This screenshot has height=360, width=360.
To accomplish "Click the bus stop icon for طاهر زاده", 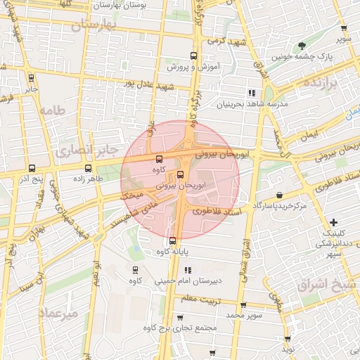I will pos(88,169).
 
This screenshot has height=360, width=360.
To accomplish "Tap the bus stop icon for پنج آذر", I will pos(32,169).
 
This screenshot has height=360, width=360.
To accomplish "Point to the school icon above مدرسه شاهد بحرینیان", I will pos(251,93).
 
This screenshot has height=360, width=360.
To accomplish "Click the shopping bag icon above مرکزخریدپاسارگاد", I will pos(280,195).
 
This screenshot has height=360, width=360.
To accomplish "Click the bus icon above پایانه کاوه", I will pos(173,241).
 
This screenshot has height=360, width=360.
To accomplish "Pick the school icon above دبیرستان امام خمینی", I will pos(187,270).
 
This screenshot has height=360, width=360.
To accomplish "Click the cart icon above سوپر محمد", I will pos(243,306).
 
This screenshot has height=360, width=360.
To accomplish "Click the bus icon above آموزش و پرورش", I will pos(193,56).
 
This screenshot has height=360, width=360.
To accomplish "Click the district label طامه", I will pos(51,110).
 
